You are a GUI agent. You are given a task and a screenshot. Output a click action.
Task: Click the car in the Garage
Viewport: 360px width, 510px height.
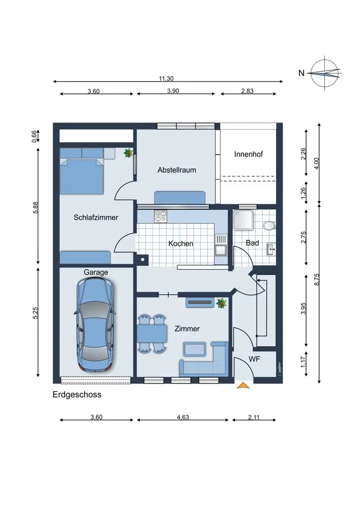(x=96, y=324)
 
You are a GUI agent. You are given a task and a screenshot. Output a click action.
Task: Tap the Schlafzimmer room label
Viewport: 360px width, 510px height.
(x=96, y=217)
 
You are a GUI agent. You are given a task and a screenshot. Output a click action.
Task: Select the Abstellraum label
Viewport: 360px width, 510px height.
(x=177, y=170)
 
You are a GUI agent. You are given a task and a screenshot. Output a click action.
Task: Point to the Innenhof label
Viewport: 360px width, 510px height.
(x=248, y=154)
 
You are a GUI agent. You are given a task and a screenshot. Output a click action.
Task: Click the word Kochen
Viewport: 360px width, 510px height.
(x=181, y=244)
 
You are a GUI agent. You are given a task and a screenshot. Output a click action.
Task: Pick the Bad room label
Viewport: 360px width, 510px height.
(x=252, y=243)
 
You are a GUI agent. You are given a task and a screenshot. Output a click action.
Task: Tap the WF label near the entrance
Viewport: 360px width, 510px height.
(x=254, y=359)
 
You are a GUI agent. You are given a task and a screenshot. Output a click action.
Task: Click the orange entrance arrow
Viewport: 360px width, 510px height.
(x=243, y=386)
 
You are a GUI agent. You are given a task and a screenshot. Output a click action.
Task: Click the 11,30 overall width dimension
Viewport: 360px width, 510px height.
(x=166, y=79)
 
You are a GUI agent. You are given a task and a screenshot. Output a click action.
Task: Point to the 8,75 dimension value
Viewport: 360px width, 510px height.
(x=317, y=279)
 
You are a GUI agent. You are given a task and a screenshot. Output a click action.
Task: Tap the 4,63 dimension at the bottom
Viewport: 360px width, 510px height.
(x=183, y=417)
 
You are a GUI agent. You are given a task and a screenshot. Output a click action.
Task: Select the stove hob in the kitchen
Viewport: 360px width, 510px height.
(x=160, y=216)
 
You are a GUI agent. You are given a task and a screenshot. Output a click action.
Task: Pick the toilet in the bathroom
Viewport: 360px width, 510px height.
(x=270, y=225)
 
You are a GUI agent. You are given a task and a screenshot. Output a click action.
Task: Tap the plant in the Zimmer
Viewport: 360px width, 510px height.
(x=221, y=303)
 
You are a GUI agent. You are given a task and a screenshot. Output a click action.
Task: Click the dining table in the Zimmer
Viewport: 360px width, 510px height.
(x=152, y=334)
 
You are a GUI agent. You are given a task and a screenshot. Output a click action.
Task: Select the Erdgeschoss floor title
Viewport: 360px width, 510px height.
(x=77, y=395)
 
